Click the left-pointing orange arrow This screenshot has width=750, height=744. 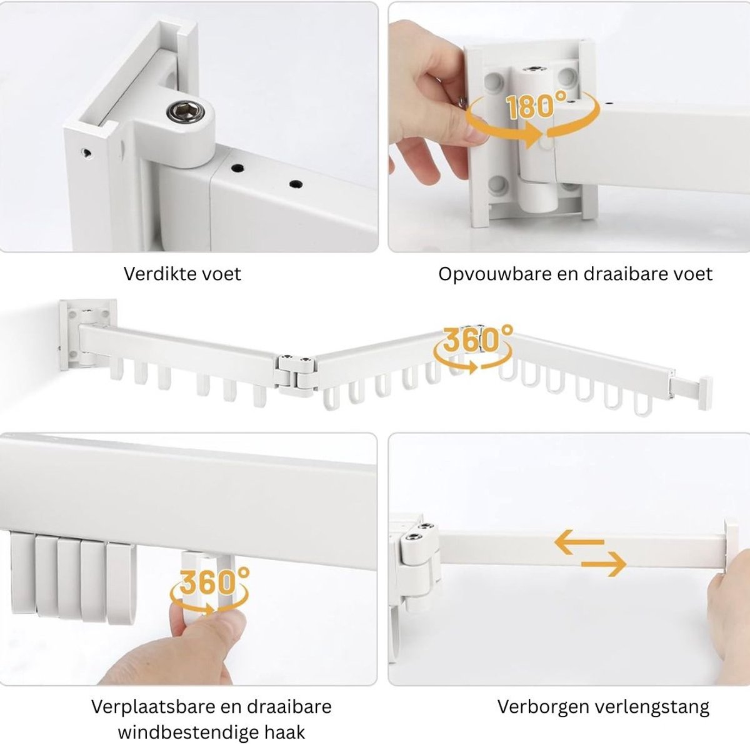[x=579, y=541]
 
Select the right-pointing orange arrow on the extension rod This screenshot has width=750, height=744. [x=603, y=564]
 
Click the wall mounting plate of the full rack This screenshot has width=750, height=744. [x=88, y=334]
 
